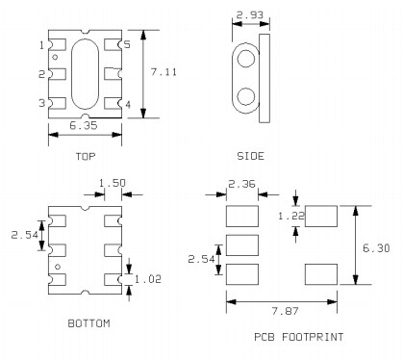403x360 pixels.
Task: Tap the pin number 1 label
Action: click(41, 45)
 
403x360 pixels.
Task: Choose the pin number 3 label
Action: click(41, 103)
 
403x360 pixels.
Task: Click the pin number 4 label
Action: click(128, 103)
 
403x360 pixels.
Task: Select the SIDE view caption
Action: click(250, 155)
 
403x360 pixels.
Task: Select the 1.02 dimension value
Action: click(148, 280)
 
